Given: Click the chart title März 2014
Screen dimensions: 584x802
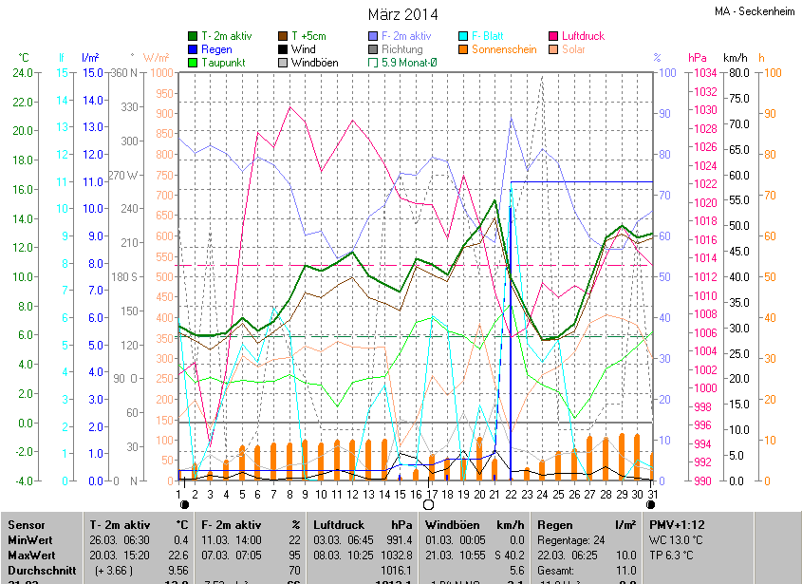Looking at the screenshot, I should point(402,14).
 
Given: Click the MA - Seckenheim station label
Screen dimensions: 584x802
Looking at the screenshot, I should point(755,12).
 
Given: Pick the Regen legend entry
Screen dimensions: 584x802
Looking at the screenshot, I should point(215,49).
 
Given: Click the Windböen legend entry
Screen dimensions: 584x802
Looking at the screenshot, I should point(314,63).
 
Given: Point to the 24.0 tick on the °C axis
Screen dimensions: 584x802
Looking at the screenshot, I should point(22,73).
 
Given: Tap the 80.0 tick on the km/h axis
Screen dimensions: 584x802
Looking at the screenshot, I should point(740,73).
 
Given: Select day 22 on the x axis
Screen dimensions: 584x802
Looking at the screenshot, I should point(511,495).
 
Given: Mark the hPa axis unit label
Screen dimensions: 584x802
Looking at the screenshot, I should point(698,57).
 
